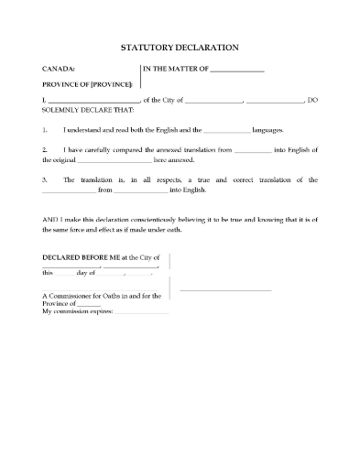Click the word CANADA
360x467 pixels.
point(58,69)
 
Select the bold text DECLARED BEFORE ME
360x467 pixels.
point(81,258)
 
